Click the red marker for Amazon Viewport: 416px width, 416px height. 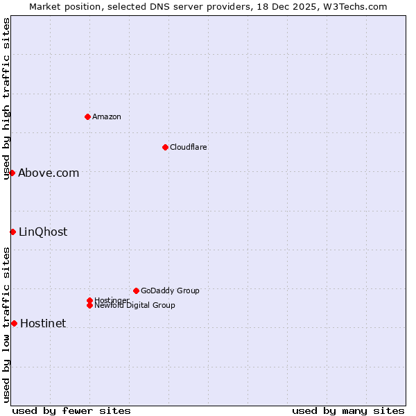click(87, 116)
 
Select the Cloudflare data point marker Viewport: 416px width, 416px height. click(165, 147)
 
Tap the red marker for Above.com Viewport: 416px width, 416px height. click(12, 173)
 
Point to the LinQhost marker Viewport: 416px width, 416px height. click(13, 232)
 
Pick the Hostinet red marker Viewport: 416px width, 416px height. click(14, 323)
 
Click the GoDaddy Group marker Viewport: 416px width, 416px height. click(136, 291)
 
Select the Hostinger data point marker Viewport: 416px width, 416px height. click(89, 300)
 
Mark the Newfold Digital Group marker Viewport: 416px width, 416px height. click(89, 305)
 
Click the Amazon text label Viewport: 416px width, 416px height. click(107, 116)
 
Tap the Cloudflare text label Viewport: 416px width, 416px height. click(189, 147)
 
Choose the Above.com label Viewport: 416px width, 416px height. click(49, 173)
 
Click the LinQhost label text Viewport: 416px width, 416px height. click(43, 232)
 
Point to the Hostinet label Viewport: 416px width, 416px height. click(43, 324)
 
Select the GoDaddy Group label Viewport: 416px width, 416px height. click(170, 291)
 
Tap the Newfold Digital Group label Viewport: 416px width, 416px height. click(135, 306)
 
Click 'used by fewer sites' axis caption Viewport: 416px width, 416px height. click(71, 411)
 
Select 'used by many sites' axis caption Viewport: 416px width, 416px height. click(348, 411)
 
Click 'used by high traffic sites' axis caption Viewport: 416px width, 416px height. click(6, 98)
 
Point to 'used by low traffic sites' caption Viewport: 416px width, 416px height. click(6, 324)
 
